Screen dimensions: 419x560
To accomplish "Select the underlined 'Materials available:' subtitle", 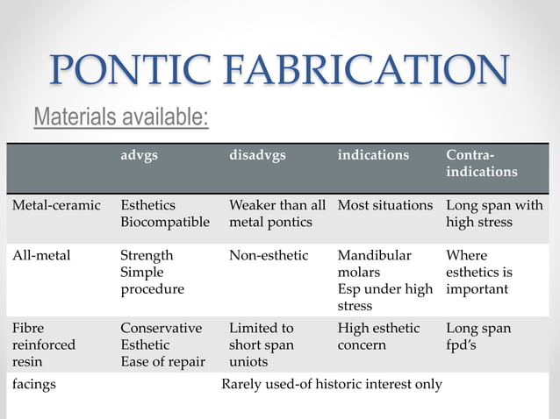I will pyautogui.click(x=121, y=116).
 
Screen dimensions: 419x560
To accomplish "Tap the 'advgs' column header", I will pyautogui.click(x=139, y=155).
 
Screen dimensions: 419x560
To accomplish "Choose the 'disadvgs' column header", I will pyautogui.click(x=257, y=155).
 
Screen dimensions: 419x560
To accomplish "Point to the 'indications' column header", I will pyautogui.click(x=373, y=155).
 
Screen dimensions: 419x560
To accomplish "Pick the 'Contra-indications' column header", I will pyautogui.click(x=481, y=163).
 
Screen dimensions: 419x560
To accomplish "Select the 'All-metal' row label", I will pyautogui.click(x=41, y=256).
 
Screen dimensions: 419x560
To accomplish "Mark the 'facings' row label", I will pyautogui.click(x=33, y=384).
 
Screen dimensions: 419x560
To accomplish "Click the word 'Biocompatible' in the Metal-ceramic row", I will pyautogui.click(x=165, y=222).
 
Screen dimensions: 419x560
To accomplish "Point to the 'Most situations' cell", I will pyautogui.click(x=384, y=205).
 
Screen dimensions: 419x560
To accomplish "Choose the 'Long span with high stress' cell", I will pyautogui.click(x=494, y=213).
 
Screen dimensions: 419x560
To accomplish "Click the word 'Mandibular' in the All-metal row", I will pyautogui.click(x=374, y=256).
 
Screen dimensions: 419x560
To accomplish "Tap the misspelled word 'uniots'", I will pyautogui.click(x=250, y=361).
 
